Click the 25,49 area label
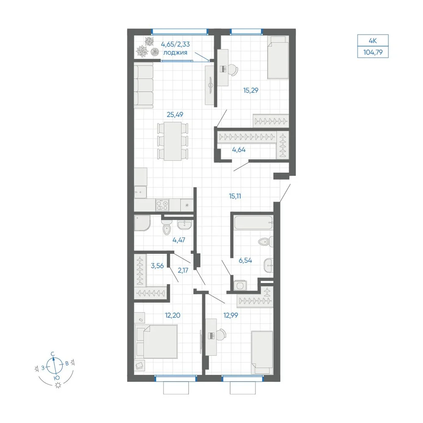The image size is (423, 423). tap(175, 115)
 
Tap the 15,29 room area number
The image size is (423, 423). tap(250, 91)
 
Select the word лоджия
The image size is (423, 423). tap(176, 52)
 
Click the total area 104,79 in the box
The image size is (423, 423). tap(373, 52)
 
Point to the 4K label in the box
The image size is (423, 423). tap(373, 41)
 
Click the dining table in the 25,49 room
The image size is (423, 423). tap(173, 141)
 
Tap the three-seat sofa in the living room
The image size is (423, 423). tap(144, 85)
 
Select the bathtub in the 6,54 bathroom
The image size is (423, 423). tap(253, 222)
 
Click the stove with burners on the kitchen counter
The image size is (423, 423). tap(162, 205)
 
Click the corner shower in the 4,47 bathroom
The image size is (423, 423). tap(142, 223)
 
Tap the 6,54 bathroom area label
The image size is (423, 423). tap(245, 260)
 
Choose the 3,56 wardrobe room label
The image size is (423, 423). tap(157, 266)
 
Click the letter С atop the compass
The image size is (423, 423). tap(53, 354)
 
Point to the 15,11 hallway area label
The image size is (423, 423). tap(235, 196)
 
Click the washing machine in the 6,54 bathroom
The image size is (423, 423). tap(240, 285)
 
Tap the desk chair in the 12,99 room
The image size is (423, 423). tap(222, 335)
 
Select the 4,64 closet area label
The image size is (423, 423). tap(239, 150)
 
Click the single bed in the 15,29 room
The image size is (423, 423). tap(278, 58)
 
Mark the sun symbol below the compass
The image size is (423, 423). tap(58, 385)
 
